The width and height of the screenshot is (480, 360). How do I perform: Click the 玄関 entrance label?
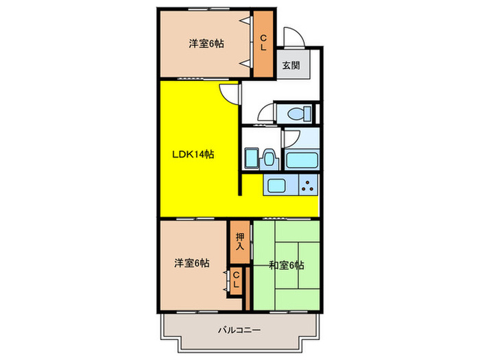point(289,66)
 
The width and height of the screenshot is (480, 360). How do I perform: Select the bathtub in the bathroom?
point(300,161)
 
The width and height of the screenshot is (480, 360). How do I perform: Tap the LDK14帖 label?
point(193,154)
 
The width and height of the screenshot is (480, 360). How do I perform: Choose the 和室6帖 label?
point(287,265)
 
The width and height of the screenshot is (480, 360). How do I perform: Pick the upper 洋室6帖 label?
point(206,44)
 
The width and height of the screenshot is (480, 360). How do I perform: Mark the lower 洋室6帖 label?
point(191,263)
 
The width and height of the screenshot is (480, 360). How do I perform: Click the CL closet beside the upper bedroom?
point(263,44)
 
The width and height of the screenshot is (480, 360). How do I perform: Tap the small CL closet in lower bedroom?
point(236,280)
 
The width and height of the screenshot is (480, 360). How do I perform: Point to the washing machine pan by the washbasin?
point(252,158)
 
